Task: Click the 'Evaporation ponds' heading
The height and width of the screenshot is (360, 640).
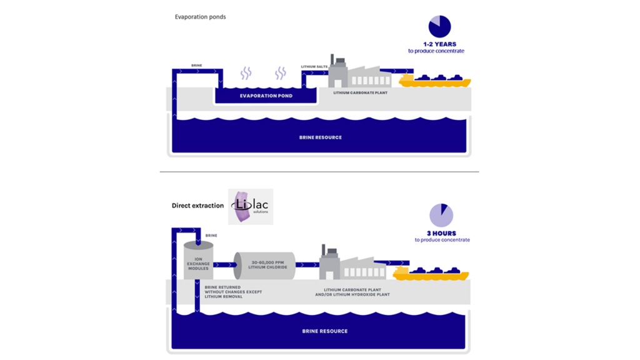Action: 200,17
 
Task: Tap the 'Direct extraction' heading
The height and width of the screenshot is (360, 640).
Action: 197,206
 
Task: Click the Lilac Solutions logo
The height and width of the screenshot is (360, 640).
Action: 250,206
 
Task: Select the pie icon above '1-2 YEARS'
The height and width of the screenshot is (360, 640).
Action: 439,27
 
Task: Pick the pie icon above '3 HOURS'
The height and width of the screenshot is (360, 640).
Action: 441,216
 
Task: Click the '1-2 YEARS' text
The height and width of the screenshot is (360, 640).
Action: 439,44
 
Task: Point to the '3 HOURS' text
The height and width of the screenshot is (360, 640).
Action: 441,233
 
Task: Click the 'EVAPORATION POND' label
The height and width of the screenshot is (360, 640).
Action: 266,96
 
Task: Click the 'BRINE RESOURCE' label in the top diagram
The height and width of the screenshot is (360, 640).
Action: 320,137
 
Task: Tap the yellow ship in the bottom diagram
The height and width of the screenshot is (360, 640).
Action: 431,273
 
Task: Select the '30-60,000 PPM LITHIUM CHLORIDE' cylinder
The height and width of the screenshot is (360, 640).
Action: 264,265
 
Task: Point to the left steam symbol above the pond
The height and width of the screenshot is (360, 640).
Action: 246,74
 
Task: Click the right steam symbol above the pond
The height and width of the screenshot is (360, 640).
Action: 281,74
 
